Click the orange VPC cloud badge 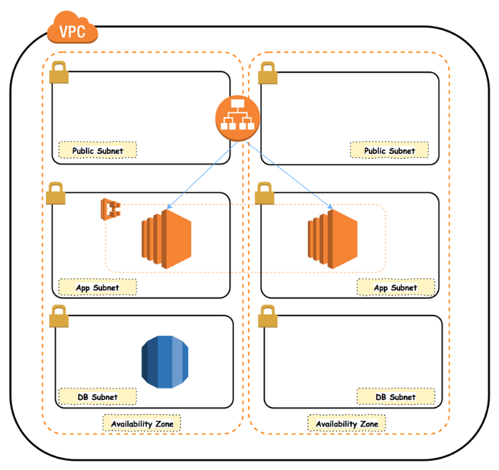click(x=72, y=30)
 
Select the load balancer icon click(x=236, y=119)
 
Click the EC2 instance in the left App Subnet click(x=166, y=238)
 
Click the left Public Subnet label click(x=97, y=150)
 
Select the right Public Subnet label click(x=389, y=150)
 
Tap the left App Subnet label click(x=97, y=288)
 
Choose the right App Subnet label click(x=395, y=288)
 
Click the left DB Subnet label click(x=97, y=396)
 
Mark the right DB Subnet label click(x=395, y=396)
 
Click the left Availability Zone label click(x=142, y=424)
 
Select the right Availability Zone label click(x=347, y=424)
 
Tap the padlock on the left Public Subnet click(x=59, y=73)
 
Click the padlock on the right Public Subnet click(x=267, y=73)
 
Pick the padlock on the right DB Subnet click(x=267, y=316)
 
